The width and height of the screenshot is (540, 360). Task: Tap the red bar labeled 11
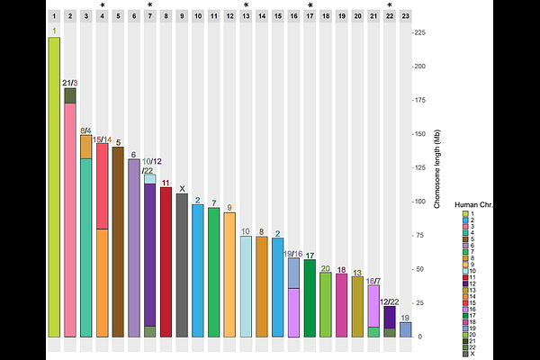tap(166, 262)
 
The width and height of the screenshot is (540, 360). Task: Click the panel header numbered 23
tap(405, 16)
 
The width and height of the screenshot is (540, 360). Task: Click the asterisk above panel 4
tap(103, 6)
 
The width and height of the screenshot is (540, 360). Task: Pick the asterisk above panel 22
tap(389, 6)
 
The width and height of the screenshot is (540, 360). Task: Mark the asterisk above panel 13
tap(246, 6)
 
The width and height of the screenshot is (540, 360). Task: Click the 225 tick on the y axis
tap(419, 31)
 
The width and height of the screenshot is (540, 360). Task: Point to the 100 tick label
tap(419, 201)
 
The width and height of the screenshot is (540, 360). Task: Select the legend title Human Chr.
tap(474, 205)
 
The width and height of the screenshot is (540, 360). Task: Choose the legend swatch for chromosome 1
tap(464, 213)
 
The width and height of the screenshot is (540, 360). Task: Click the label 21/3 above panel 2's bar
tap(70, 83)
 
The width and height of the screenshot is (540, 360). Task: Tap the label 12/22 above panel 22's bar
tap(390, 301)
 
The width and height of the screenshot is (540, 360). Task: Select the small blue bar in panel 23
tap(405, 329)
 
